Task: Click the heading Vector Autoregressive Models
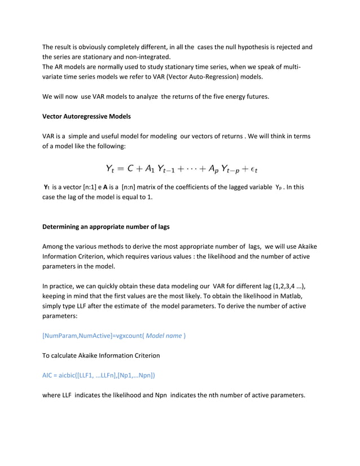coord(86,117)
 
